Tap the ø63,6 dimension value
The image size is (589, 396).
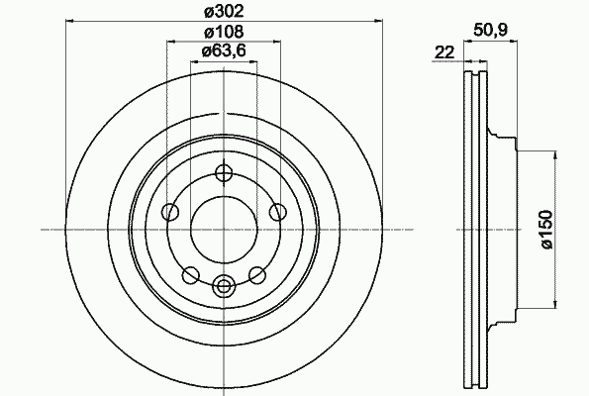coord(225,51)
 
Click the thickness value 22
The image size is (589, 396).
coord(443,52)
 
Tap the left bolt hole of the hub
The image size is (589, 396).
coord(169,211)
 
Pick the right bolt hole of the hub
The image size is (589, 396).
coord(278,211)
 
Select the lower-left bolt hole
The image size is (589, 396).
coord(190,274)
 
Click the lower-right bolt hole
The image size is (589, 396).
coord(257,274)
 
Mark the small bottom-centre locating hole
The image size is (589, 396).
coord(224,287)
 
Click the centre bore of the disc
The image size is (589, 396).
coord(224,229)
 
